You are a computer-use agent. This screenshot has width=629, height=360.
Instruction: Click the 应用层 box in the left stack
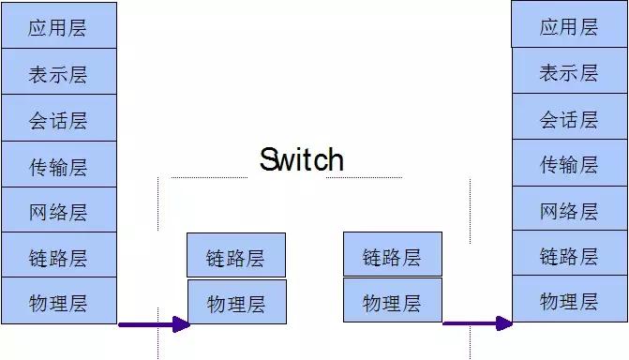[58, 25]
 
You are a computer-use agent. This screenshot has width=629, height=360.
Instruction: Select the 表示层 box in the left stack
[58, 72]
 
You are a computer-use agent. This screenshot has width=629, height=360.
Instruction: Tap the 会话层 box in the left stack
[58, 118]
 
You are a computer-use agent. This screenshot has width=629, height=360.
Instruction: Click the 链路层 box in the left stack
[58, 255]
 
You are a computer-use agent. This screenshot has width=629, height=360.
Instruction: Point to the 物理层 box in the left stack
[58, 301]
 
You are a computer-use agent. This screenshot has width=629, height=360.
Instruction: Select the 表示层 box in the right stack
[569, 71]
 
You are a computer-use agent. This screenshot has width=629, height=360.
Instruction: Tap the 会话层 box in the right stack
[569, 118]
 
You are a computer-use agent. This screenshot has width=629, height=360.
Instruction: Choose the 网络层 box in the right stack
[569, 210]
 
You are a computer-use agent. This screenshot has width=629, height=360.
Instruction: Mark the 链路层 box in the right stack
[569, 255]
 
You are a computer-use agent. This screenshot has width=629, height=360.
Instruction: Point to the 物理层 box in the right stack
[569, 300]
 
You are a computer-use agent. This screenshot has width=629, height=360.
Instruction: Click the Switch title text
[301, 159]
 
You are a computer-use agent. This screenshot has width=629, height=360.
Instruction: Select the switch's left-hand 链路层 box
[236, 256]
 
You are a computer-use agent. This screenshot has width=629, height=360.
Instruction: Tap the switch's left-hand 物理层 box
[236, 302]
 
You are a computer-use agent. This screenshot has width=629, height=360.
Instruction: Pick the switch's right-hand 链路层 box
[392, 255]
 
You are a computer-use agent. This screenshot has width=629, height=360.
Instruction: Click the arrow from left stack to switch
[154, 324]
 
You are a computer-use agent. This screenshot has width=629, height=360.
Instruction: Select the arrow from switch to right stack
[477, 323]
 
